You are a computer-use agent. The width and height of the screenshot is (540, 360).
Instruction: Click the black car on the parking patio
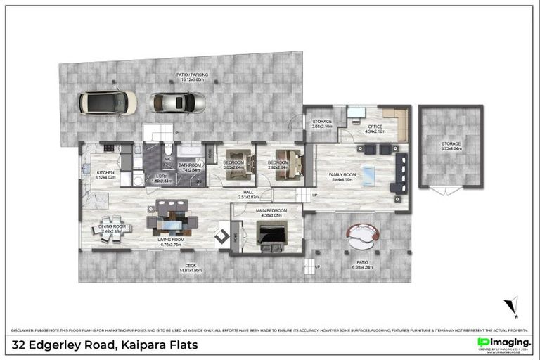pos(108,103)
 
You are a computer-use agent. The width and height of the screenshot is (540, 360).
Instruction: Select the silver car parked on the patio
pos(178,103)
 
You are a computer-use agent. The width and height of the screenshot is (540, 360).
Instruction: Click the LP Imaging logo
pos(503,342)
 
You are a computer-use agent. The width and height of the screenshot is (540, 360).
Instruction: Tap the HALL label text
pos(248,192)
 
